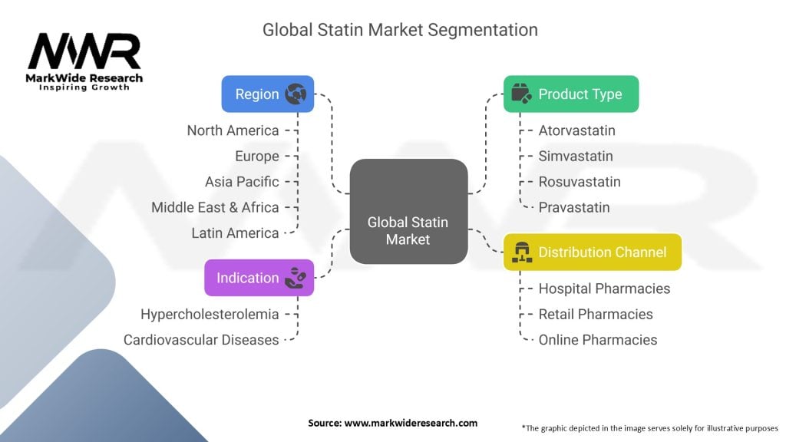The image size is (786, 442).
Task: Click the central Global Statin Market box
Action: click(x=408, y=212)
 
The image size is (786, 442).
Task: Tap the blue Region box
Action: click(x=267, y=94)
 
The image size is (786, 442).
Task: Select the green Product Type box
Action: click(x=570, y=94)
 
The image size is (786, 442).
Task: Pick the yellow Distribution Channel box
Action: click(x=592, y=252)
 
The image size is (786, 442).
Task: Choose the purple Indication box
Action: click(x=259, y=278)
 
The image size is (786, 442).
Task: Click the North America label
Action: click(x=233, y=130)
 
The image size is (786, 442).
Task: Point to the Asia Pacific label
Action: click(x=242, y=182)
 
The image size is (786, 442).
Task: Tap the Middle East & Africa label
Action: click(x=215, y=207)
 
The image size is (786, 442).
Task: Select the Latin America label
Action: click(x=235, y=233)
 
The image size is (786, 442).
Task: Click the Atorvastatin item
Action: click(x=576, y=130)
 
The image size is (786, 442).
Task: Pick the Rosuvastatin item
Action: click(x=580, y=182)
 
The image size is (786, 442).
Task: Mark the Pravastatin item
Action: click(x=574, y=207)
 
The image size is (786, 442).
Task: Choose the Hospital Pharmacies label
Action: click(x=604, y=289)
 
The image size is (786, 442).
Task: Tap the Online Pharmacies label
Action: click(x=597, y=339)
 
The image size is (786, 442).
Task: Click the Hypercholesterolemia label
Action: click(x=210, y=314)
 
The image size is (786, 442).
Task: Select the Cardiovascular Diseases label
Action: click(x=201, y=339)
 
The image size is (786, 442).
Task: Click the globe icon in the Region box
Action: click(x=296, y=94)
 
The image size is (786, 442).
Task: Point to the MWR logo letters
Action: click(x=84, y=53)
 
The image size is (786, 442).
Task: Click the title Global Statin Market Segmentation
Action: click(x=400, y=30)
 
